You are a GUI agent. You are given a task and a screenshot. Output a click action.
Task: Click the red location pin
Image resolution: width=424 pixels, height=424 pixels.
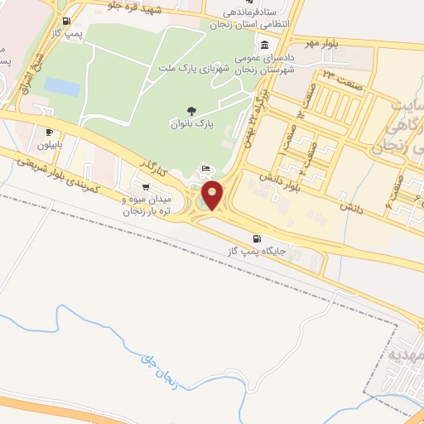click(213, 195)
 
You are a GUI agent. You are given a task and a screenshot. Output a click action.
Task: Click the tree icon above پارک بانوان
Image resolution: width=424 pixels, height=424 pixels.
click(193, 110)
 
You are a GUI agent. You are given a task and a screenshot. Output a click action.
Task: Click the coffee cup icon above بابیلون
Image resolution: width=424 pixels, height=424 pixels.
click(50, 132)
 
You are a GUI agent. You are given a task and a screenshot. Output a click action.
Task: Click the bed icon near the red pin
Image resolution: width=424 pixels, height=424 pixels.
click(205, 170)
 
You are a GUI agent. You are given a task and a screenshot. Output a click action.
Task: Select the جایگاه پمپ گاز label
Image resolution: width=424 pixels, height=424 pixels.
click(258, 250)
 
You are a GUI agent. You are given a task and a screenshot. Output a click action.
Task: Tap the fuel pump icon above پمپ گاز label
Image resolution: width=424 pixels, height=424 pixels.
click(66, 22)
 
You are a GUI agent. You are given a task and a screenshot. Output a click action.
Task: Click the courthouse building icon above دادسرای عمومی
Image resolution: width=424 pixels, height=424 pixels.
click(263, 46)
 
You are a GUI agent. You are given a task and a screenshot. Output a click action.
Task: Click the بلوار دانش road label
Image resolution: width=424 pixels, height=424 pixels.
click(273, 179)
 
